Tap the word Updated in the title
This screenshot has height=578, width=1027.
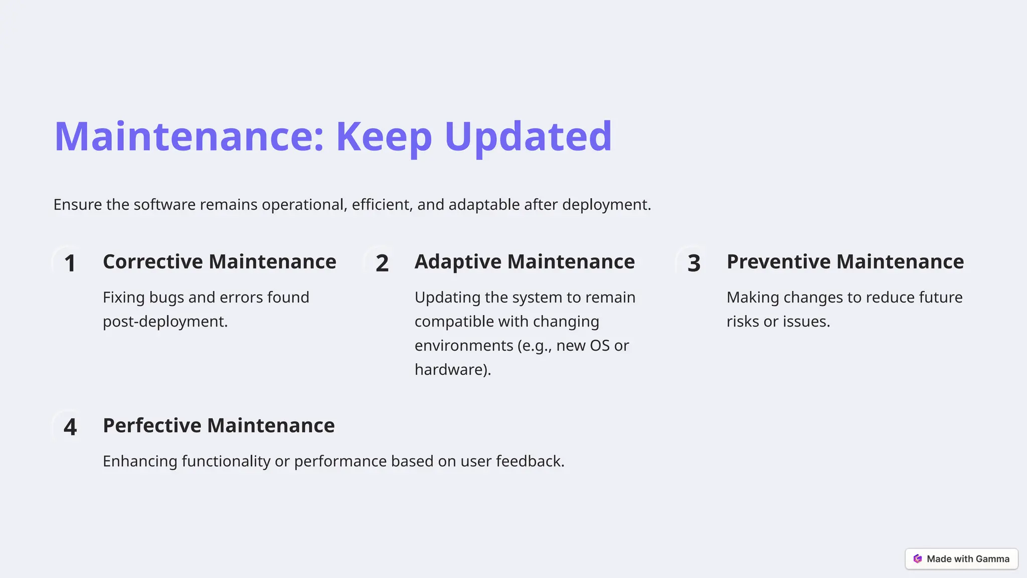point(528,136)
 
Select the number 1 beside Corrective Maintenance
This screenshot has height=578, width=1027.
point(70,263)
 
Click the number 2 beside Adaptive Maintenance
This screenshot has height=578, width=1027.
point(382,263)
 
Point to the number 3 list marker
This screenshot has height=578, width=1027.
point(694,263)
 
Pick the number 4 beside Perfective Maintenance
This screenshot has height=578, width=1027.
point(70,427)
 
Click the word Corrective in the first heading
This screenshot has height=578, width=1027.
point(152,262)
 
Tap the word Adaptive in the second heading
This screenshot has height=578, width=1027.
point(458,262)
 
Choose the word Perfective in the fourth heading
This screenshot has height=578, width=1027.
point(152,425)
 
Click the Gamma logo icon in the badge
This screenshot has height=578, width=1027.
point(918,559)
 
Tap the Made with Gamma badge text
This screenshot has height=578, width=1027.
point(968,559)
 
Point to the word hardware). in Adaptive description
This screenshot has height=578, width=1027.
point(453,370)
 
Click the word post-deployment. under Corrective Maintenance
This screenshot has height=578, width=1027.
point(165,322)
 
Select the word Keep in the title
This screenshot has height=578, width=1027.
point(384,136)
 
